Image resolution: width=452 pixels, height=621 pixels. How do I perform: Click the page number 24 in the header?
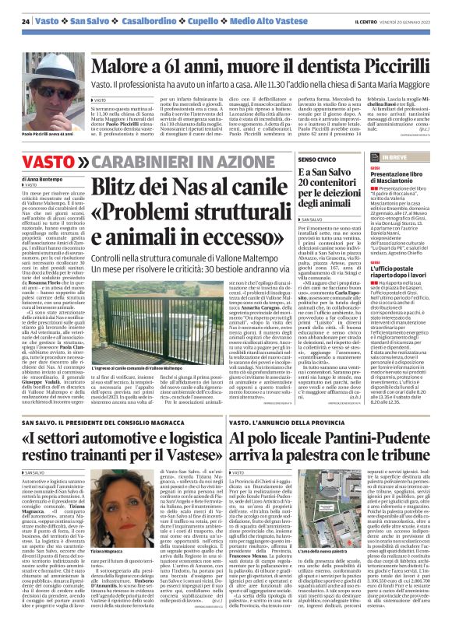(26, 21)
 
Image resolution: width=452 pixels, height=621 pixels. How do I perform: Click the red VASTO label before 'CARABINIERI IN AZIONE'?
(50, 162)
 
